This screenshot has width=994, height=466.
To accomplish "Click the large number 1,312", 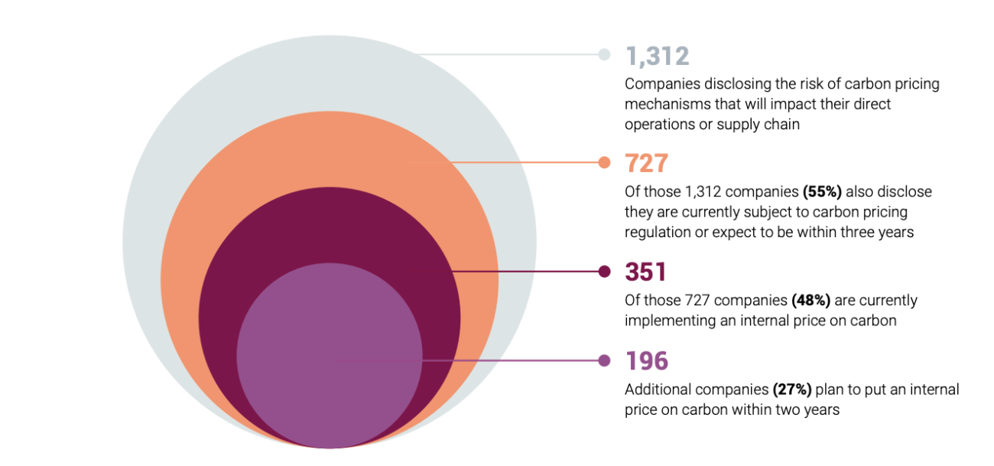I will coord(658,56).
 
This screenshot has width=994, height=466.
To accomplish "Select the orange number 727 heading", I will coord(647,164).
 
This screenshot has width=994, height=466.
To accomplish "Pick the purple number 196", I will coord(647,361).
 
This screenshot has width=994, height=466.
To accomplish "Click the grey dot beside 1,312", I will coord(604,54).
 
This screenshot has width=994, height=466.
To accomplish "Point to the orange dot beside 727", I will coord(604,162).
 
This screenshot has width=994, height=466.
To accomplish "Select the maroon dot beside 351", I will coord(604,271).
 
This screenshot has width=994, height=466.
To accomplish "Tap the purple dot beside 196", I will coord(604,360).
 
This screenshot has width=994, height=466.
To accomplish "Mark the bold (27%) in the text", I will coord(794,389).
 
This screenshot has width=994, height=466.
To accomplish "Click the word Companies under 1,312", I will coord(659,84).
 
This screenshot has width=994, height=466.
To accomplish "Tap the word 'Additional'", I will coord(657,389).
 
